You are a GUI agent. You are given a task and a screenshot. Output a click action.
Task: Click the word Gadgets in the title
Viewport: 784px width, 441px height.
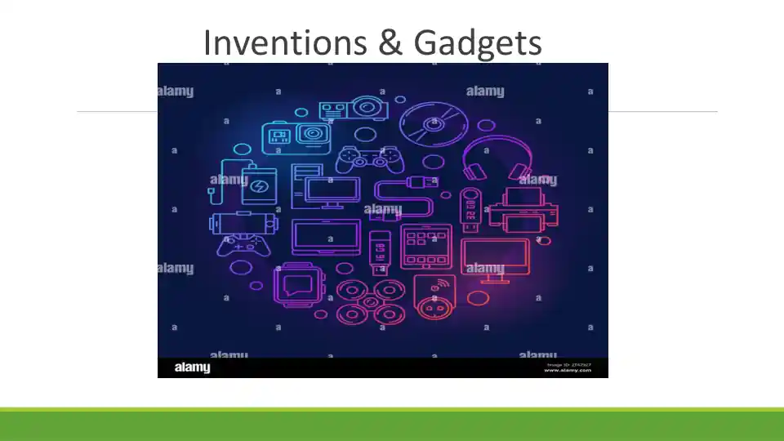coord(478,43)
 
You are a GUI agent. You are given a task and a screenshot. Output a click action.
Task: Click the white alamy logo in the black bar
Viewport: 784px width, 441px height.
coord(193,367)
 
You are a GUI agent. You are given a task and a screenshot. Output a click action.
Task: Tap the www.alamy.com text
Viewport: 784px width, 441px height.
coord(567,370)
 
